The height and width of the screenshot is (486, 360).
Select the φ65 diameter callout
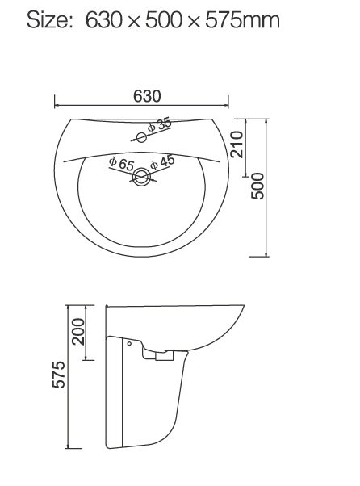tap(121, 164)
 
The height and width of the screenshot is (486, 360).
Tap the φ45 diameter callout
tap(161, 161)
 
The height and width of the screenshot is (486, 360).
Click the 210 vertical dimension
tap(237, 143)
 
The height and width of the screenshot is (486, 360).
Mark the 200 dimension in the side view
tap(78, 330)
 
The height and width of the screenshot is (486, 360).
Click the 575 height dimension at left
tap(59, 376)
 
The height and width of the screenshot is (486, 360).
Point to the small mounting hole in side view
tap(129, 345)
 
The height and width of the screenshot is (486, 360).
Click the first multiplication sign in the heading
tap(134, 21)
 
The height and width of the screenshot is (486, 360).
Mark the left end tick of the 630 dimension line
tap(55, 103)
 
